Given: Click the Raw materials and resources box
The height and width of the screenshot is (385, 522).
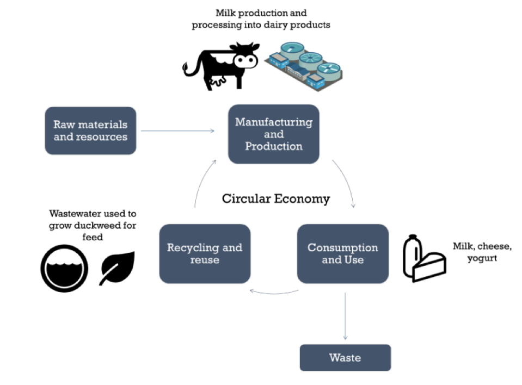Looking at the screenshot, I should click(x=90, y=131).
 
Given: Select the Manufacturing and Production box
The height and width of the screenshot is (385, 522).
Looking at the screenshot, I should click(x=273, y=134).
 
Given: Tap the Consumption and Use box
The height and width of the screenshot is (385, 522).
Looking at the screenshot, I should click(x=342, y=253).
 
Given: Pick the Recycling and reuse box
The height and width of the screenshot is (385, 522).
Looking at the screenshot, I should click(x=205, y=253).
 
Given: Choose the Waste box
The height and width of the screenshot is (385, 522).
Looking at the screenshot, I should click(x=345, y=357).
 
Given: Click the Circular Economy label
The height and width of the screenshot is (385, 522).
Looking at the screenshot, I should click(x=275, y=198).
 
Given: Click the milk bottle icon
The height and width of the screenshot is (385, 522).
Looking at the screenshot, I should click(x=411, y=255).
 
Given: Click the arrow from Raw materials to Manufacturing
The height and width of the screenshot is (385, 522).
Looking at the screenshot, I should click(x=177, y=131).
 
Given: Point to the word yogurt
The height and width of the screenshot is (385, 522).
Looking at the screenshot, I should click(x=482, y=259).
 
